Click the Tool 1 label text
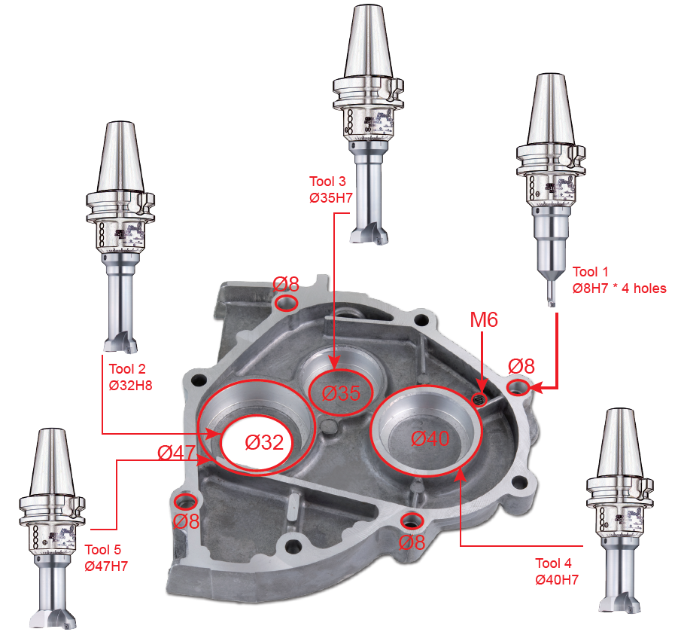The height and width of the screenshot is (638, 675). coord(590,272)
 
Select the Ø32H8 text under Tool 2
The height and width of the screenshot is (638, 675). coord(130,385)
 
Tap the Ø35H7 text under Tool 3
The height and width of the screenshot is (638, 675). coord(330,198)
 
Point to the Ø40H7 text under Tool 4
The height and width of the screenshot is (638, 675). coord(557,579)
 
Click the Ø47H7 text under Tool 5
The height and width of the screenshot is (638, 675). coord(106,566)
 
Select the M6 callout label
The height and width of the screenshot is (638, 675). coord(483,319)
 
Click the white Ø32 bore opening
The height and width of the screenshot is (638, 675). coord(256,442)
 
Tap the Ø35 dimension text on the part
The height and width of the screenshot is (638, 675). coord(341,393)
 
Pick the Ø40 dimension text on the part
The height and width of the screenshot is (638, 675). coord(430,438)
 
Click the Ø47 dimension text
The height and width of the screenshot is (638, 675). coord(177,453)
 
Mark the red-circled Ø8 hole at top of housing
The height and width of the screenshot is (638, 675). coord(286,302)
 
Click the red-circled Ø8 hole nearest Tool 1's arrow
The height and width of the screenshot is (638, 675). coord(518,387)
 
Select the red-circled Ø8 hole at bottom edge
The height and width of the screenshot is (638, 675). coord(412,520)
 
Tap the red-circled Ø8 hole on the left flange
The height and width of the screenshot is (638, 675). coord(186,502)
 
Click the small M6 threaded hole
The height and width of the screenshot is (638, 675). coord(479,399)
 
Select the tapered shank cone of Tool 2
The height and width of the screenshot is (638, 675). coord(120,157)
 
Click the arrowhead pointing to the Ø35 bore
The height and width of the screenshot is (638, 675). coord(334,362)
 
